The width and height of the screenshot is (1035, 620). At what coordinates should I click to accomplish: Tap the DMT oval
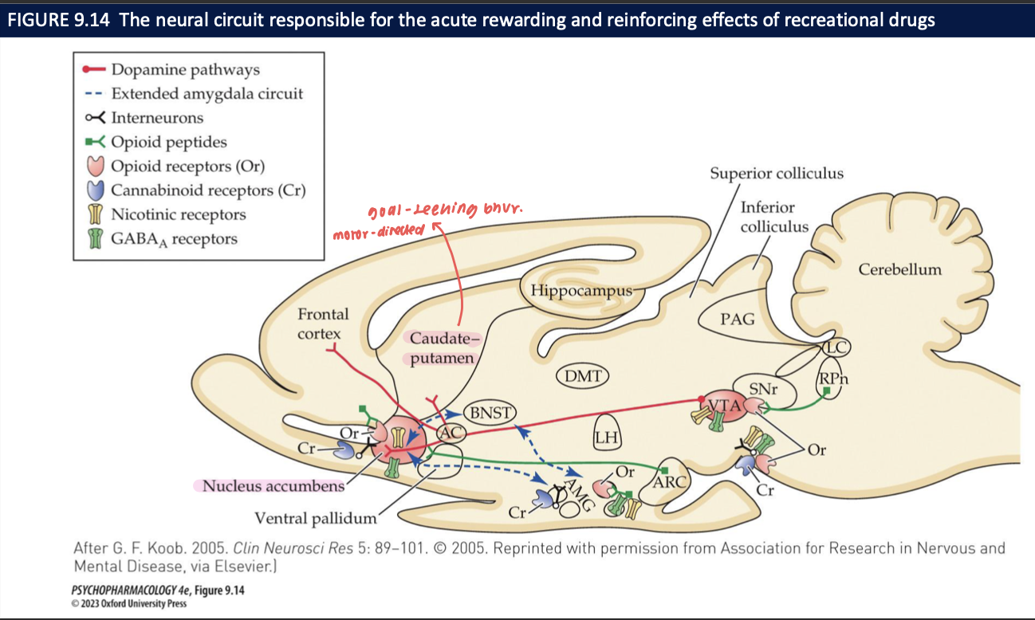[581, 375]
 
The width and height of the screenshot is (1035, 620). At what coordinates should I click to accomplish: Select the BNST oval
[489, 412]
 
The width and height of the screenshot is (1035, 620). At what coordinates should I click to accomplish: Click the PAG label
[738, 320]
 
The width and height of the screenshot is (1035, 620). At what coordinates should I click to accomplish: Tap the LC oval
[836, 347]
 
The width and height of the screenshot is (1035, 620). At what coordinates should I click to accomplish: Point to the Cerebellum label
[899, 269]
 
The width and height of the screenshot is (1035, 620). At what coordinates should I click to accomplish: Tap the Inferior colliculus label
[774, 217]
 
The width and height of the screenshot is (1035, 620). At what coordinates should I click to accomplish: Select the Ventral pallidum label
[315, 519]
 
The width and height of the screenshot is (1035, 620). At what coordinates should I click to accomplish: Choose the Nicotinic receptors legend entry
[178, 214]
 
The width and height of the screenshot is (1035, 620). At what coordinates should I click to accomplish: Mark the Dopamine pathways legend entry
[185, 69]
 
